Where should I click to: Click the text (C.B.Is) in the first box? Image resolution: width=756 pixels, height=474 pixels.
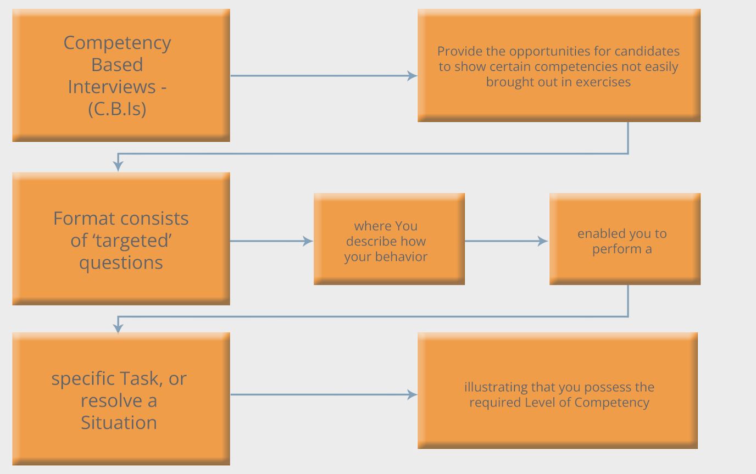pyautogui.click(x=117, y=109)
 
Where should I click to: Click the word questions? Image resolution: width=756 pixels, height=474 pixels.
pyautogui.click(x=121, y=263)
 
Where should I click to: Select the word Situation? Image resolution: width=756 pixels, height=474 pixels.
pyautogui.click(x=119, y=422)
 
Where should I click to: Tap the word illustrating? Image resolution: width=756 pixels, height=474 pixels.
pyautogui.click(x=496, y=387)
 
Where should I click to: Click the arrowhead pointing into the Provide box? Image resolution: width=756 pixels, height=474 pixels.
pyautogui.click(x=412, y=76)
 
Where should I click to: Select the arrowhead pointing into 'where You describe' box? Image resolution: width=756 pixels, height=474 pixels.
pyautogui.click(x=308, y=241)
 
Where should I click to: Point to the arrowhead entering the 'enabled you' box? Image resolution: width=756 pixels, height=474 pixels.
pyautogui.click(x=543, y=241)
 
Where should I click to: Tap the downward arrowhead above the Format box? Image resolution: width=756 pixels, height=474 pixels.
pyautogui.click(x=118, y=166)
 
